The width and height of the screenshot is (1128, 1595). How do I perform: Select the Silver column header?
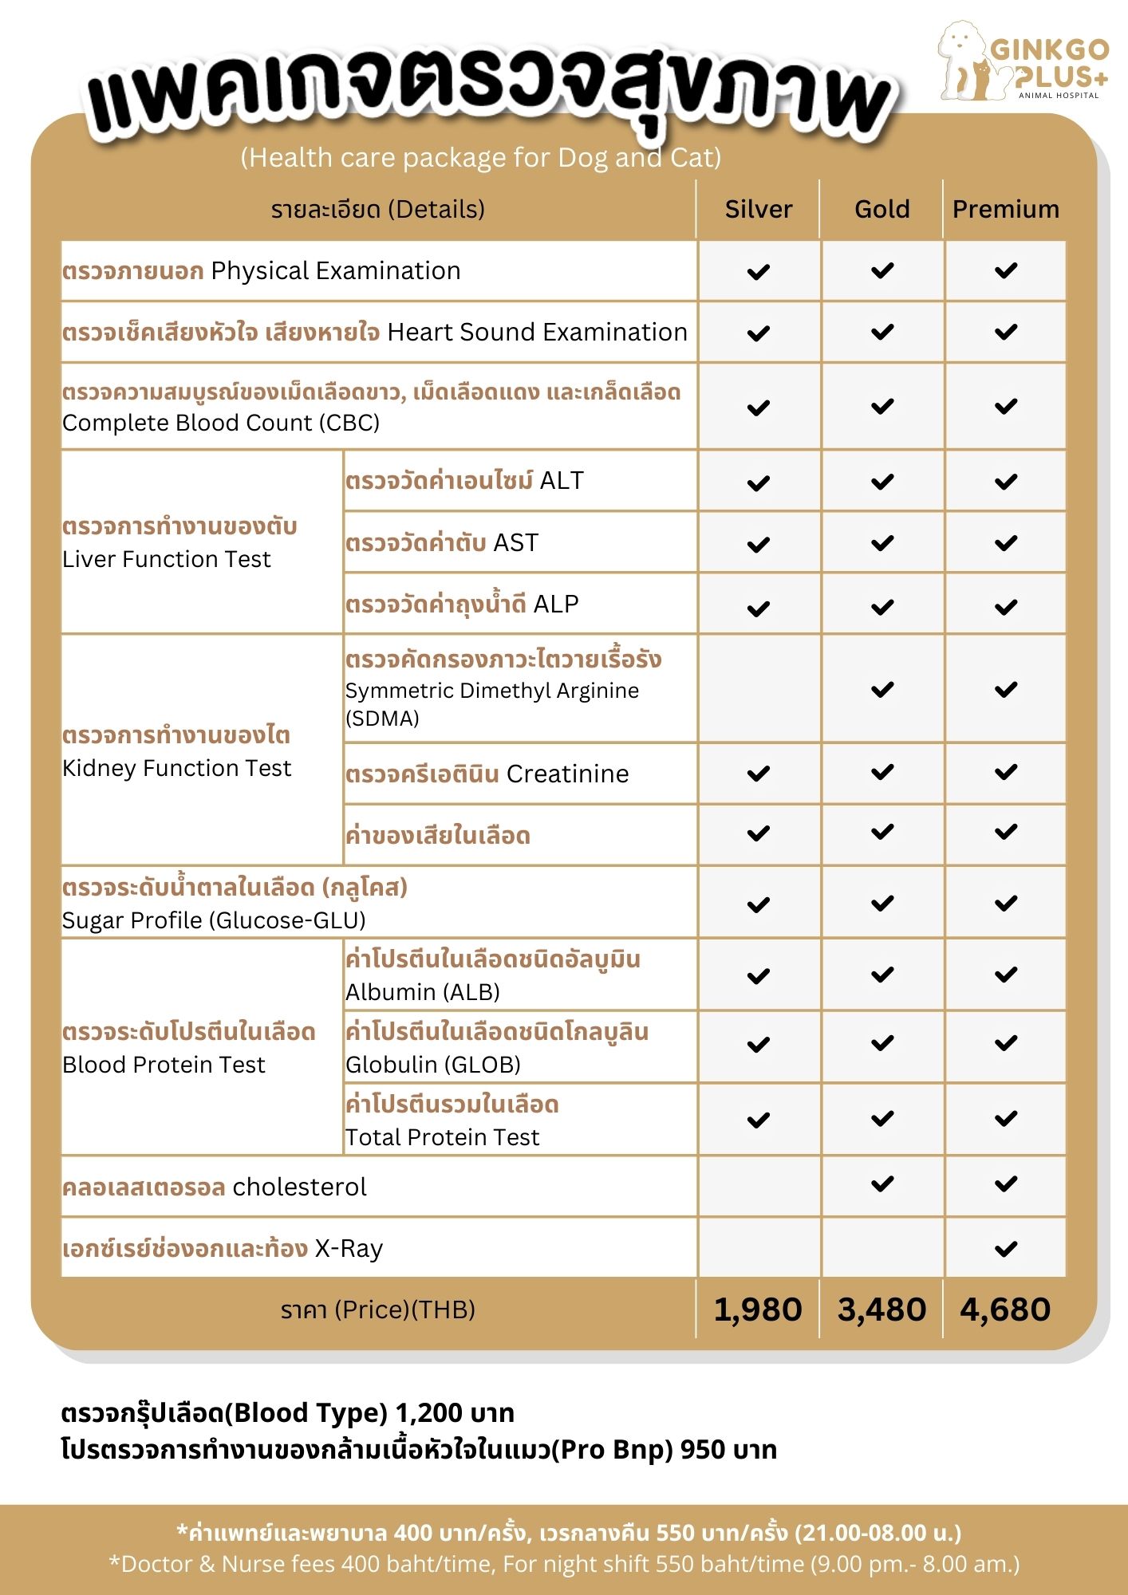[x=758, y=209]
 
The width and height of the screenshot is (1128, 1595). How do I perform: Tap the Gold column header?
[x=881, y=209]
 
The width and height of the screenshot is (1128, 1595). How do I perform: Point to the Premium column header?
[x=1005, y=209]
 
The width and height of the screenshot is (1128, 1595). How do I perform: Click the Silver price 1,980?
[x=757, y=1309]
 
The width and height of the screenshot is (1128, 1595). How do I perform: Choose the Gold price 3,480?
[x=881, y=1309]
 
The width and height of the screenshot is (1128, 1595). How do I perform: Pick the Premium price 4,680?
[x=1005, y=1309]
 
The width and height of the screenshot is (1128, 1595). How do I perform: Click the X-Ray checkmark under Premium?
[x=1006, y=1248]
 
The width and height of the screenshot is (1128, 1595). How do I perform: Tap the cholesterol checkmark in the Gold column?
[x=882, y=1184]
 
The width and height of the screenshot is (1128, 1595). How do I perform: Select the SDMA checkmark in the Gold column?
[x=882, y=689]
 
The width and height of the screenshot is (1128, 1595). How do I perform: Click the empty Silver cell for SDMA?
[x=758, y=689]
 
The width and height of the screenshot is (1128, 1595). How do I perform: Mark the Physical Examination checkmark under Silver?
[x=758, y=272]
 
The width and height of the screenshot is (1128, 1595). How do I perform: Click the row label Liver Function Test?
[x=167, y=559]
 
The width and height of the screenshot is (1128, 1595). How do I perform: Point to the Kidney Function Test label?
[x=177, y=768]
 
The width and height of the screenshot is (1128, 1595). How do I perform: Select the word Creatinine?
[x=567, y=774]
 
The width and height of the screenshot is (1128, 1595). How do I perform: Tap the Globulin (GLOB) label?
[x=432, y=1065]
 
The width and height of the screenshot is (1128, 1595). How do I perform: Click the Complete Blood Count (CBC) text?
[x=221, y=423]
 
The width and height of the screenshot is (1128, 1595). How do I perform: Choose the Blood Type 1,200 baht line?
[x=287, y=1413]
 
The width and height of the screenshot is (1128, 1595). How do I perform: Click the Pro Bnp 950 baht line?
[x=419, y=1449]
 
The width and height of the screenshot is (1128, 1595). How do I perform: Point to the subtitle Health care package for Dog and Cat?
[x=481, y=158]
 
